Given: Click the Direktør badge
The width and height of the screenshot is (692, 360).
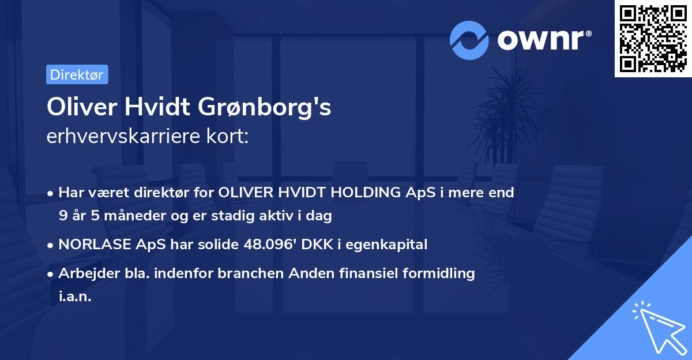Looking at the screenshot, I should (77, 75).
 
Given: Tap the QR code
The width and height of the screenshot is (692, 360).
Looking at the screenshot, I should (653, 39).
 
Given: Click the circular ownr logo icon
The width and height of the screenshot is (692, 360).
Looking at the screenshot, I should (469, 40).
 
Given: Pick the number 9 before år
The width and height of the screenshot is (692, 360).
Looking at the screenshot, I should (62, 216).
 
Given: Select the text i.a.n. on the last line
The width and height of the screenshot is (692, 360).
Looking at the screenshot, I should (75, 297).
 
